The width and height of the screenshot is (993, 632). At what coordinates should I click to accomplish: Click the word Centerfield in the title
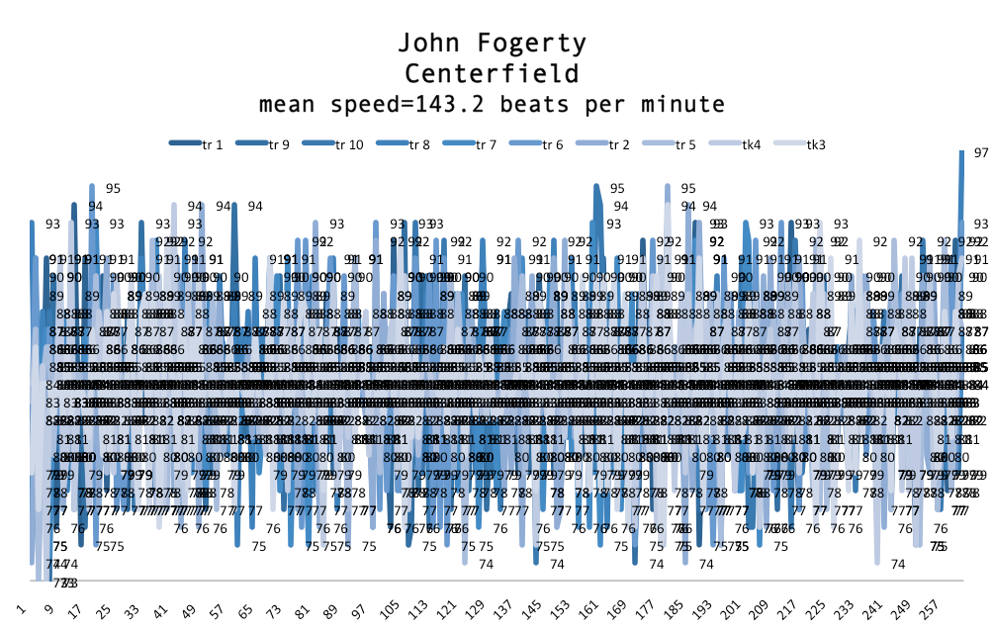[492, 74]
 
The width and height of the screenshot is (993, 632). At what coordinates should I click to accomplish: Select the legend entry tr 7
[486, 144]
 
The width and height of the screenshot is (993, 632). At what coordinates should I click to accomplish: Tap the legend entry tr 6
[553, 144]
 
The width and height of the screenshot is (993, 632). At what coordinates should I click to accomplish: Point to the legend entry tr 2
[620, 144]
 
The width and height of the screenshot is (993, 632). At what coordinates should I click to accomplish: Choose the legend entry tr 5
[685, 144]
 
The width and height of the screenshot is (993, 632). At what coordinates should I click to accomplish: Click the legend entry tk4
[752, 144]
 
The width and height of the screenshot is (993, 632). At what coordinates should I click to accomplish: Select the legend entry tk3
[816, 144]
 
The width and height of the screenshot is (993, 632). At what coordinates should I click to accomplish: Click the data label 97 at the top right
[981, 153]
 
